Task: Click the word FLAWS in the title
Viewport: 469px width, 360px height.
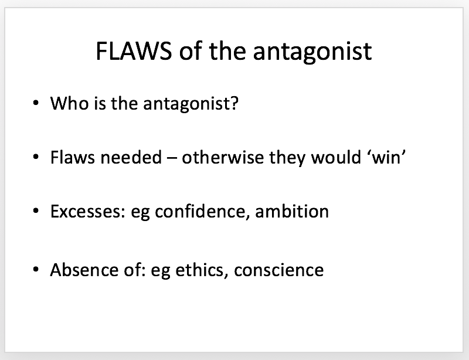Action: click(134, 51)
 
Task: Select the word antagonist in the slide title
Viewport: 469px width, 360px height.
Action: click(312, 53)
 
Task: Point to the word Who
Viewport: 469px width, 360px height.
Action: click(69, 103)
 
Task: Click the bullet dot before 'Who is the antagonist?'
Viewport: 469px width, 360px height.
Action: click(36, 103)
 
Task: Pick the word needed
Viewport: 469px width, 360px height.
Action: click(131, 157)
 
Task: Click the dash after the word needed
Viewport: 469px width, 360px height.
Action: click(172, 158)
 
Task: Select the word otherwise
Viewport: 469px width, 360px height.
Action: click(223, 157)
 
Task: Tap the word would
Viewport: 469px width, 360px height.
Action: click(336, 157)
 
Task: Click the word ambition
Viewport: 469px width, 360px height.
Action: click(292, 211)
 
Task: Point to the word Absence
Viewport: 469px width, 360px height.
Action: click(84, 270)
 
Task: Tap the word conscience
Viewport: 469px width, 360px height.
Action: click(279, 270)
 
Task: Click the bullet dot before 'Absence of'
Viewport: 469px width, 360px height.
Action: click(36, 270)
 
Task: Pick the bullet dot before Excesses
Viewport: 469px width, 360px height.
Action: click(36, 211)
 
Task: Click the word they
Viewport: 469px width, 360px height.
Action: click(287, 157)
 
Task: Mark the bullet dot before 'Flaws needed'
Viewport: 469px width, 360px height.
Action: click(36, 157)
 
